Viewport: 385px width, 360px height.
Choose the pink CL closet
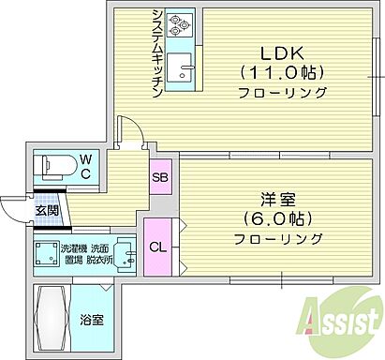pyautogui.click(x=156, y=247)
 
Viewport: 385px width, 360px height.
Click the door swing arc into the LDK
pyautogui.click(x=131, y=130)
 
